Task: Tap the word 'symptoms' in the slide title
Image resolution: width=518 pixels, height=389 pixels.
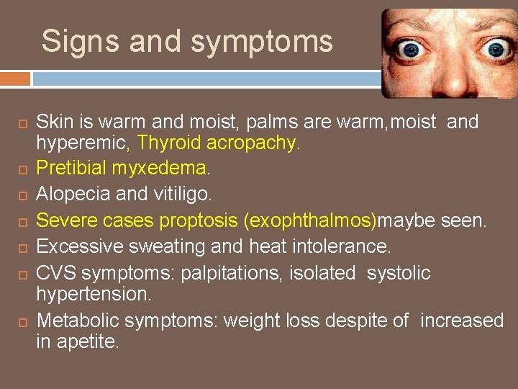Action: point(263,43)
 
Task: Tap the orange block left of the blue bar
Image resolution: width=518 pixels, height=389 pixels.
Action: point(15,78)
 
